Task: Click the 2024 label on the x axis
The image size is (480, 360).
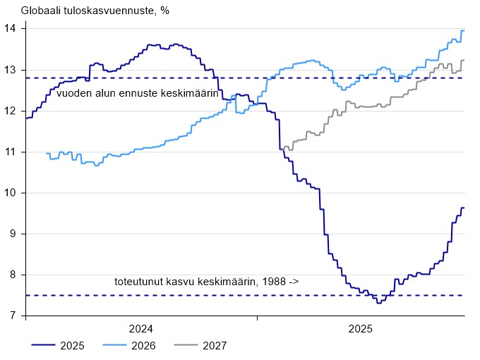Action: pos(141,329)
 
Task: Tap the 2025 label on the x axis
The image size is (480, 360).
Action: pos(360,329)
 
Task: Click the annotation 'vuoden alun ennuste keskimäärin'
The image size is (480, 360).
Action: pos(138,92)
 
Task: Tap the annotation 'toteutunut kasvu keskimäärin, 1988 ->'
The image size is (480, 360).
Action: pos(207,282)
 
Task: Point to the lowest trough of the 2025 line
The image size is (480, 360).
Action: pos(379,302)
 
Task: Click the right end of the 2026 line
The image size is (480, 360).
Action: pos(463,30)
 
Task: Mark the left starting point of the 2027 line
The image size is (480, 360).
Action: pos(280,149)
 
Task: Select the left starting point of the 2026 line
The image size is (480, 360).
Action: pos(47,153)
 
